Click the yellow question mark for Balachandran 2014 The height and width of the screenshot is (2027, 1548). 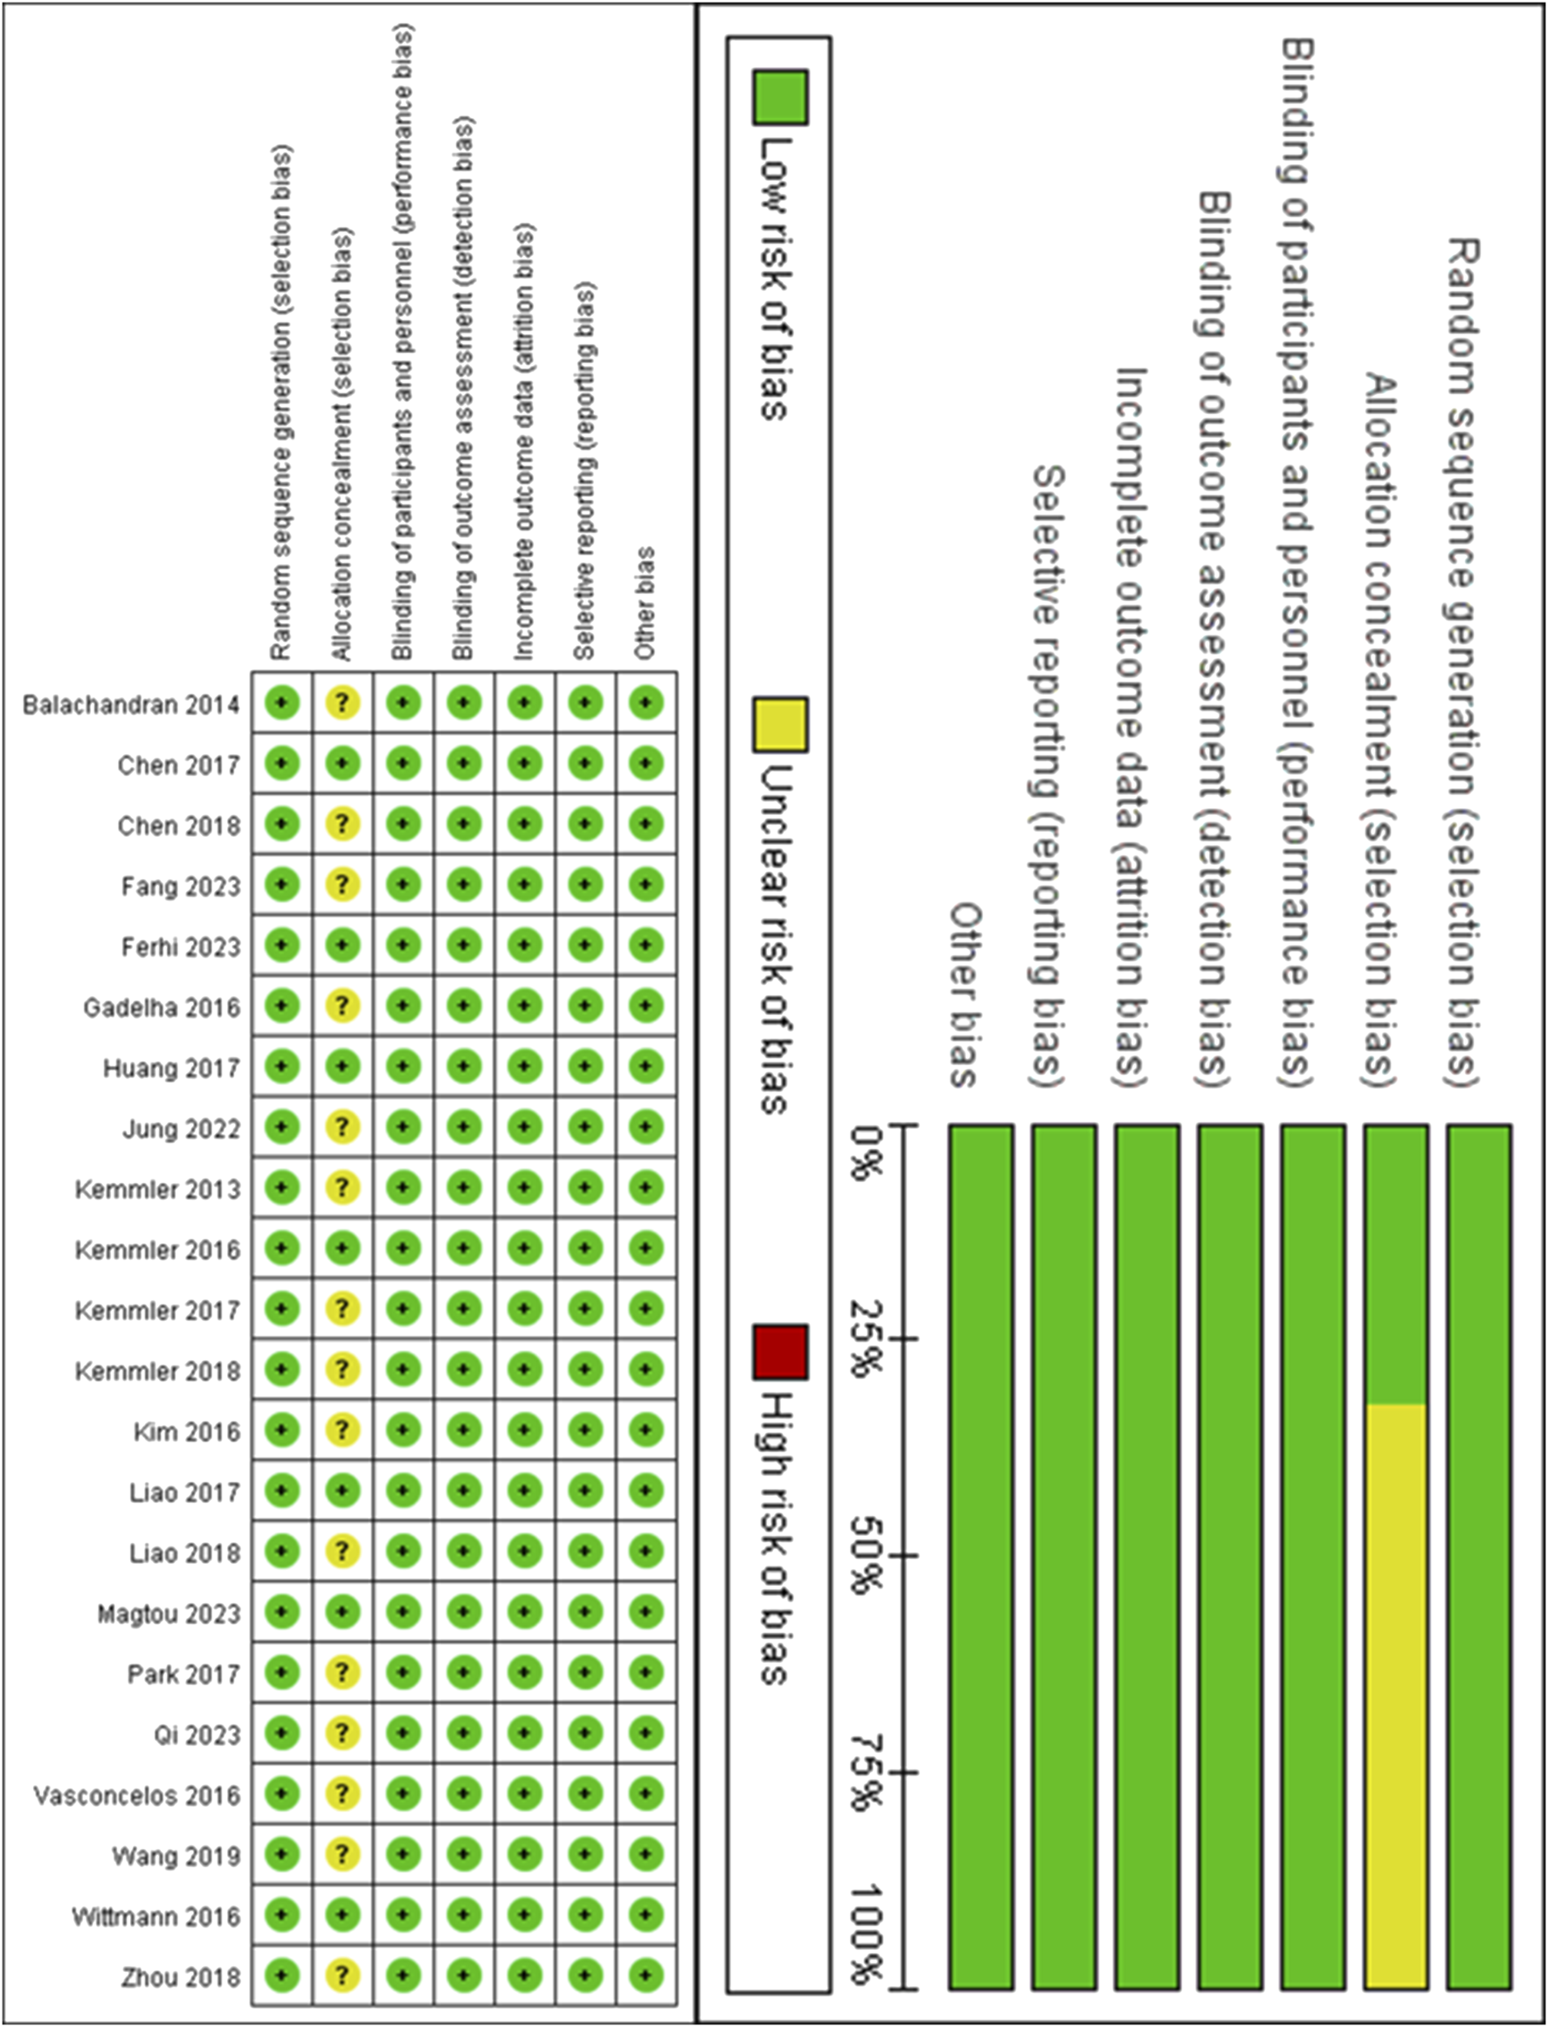pos(342,703)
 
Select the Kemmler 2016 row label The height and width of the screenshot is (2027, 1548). pos(157,1250)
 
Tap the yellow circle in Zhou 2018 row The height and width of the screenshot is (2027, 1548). pos(342,1976)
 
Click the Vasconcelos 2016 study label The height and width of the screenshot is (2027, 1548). pos(137,1795)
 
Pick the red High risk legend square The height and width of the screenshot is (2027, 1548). pos(780,1352)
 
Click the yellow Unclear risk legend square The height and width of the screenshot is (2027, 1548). pos(780,724)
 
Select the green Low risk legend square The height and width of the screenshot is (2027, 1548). pos(780,97)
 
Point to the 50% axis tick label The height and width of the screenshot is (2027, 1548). pos(866,1555)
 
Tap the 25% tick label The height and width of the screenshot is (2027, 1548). pos(866,1338)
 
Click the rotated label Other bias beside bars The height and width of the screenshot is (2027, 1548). pos(964,995)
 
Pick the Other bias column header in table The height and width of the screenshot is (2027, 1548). pos(644,604)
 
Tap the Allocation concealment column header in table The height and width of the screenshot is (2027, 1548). pos(342,442)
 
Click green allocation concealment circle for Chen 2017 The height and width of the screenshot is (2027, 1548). pos(342,764)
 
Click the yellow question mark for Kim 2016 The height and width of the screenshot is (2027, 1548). pos(342,1430)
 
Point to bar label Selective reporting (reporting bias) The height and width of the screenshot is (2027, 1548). pos(1047,774)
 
